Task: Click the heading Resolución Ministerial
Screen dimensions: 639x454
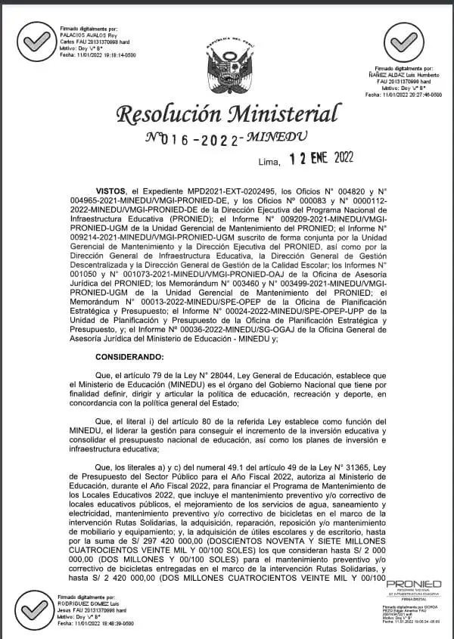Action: pos(226,114)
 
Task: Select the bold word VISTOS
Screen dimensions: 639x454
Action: pos(111,192)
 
